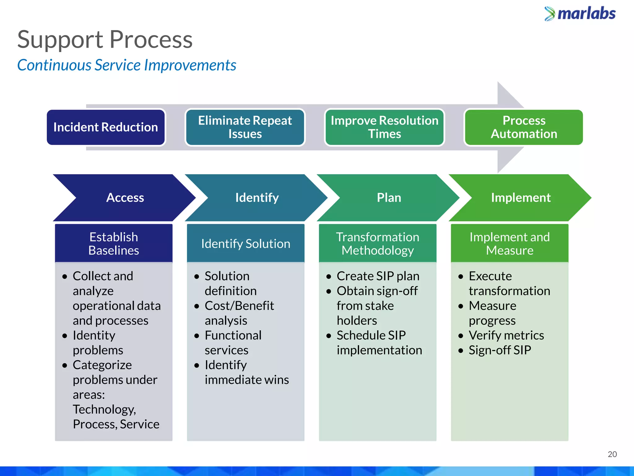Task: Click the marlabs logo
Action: (x=580, y=14)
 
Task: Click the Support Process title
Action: (x=105, y=40)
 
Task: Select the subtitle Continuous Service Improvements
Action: (x=127, y=65)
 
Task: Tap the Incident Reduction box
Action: (x=106, y=127)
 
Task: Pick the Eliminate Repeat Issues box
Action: (x=245, y=127)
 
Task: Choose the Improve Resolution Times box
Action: (x=384, y=127)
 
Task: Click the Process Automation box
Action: (x=524, y=127)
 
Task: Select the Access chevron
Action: (x=125, y=198)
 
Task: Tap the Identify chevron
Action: (x=257, y=198)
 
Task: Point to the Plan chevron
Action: (x=389, y=198)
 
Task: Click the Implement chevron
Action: (x=521, y=198)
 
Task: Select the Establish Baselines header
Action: (x=114, y=244)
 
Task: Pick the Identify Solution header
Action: (x=246, y=244)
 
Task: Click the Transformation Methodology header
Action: (x=378, y=244)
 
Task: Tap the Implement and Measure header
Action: (x=510, y=244)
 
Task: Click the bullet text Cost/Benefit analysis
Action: (x=239, y=313)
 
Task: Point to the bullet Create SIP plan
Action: (x=378, y=276)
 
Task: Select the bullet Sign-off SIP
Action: (x=500, y=350)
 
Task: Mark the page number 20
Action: (x=612, y=454)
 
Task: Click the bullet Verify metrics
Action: (x=506, y=335)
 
